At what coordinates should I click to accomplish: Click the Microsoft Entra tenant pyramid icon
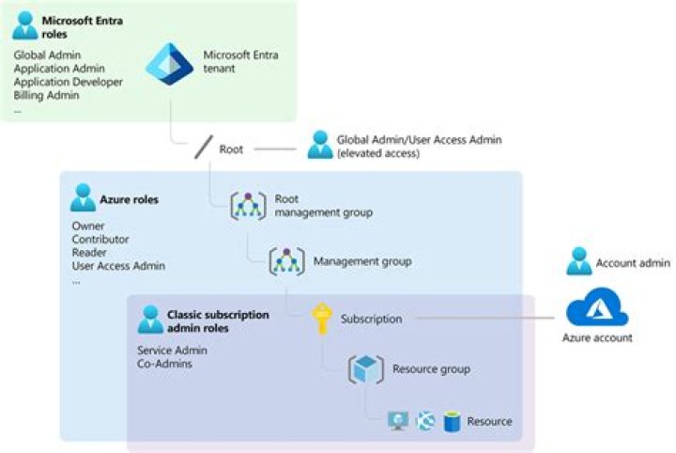click(x=169, y=60)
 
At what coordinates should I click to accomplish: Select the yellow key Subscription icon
click(x=323, y=319)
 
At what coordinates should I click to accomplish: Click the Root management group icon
click(x=249, y=206)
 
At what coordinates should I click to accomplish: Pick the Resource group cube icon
click(x=365, y=369)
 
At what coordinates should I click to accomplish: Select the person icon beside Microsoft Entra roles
click(x=26, y=24)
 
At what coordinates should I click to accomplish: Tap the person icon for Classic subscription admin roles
click(x=150, y=319)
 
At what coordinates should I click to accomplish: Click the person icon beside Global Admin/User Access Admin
click(x=319, y=145)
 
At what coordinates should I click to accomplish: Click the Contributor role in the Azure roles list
click(x=100, y=239)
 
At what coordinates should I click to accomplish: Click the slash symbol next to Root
click(x=204, y=148)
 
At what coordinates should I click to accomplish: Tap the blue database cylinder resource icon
click(x=452, y=421)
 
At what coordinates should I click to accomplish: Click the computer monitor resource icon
click(x=398, y=421)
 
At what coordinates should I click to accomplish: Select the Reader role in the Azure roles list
click(x=89, y=252)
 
